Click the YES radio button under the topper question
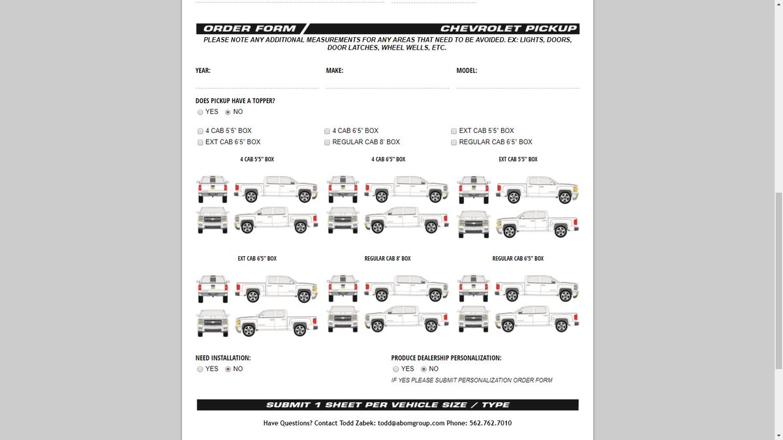[x=200, y=112]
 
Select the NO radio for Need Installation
[x=228, y=369]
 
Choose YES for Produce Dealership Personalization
[x=396, y=369]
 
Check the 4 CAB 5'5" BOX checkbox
[x=200, y=131]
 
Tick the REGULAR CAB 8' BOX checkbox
[x=327, y=142]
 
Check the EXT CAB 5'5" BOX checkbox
[x=453, y=131]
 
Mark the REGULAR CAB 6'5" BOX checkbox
[x=453, y=142]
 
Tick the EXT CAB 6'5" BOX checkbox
[x=200, y=142]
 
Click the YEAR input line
[x=256, y=83]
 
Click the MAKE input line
[x=387, y=83]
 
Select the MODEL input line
[x=517, y=83]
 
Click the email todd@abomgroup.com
[x=410, y=423]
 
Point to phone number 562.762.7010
[x=490, y=423]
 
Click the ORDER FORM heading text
[x=249, y=29]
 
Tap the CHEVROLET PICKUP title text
[x=508, y=29]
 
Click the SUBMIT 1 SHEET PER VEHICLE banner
[x=388, y=405]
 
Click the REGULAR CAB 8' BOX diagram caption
[x=388, y=259]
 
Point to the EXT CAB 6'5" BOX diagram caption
[x=257, y=259]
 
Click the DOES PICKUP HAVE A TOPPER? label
[x=235, y=101]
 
